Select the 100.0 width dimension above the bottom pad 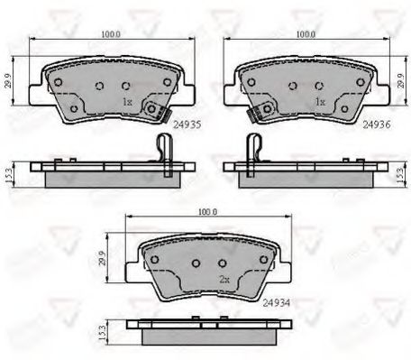207,212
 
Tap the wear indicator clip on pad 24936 260,111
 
